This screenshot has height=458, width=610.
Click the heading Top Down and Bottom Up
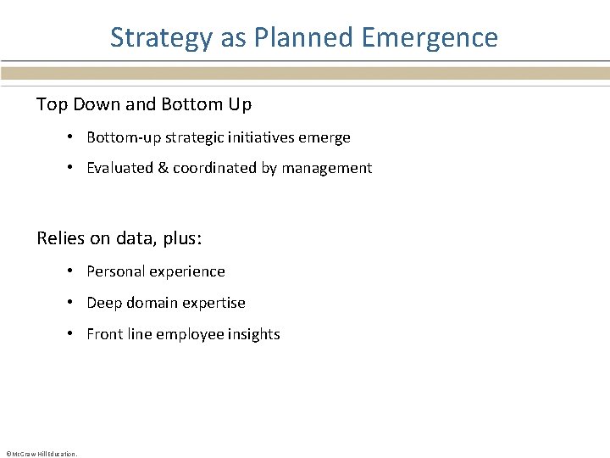(x=144, y=105)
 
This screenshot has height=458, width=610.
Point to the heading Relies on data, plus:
(x=119, y=238)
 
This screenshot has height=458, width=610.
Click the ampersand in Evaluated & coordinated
(x=163, y=168)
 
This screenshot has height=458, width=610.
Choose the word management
(x=326, y=168)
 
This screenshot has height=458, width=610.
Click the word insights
(x=252, y=334)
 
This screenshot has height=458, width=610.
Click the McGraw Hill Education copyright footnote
(x=41, y=454)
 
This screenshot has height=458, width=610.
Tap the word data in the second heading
(x=128, y=238)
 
